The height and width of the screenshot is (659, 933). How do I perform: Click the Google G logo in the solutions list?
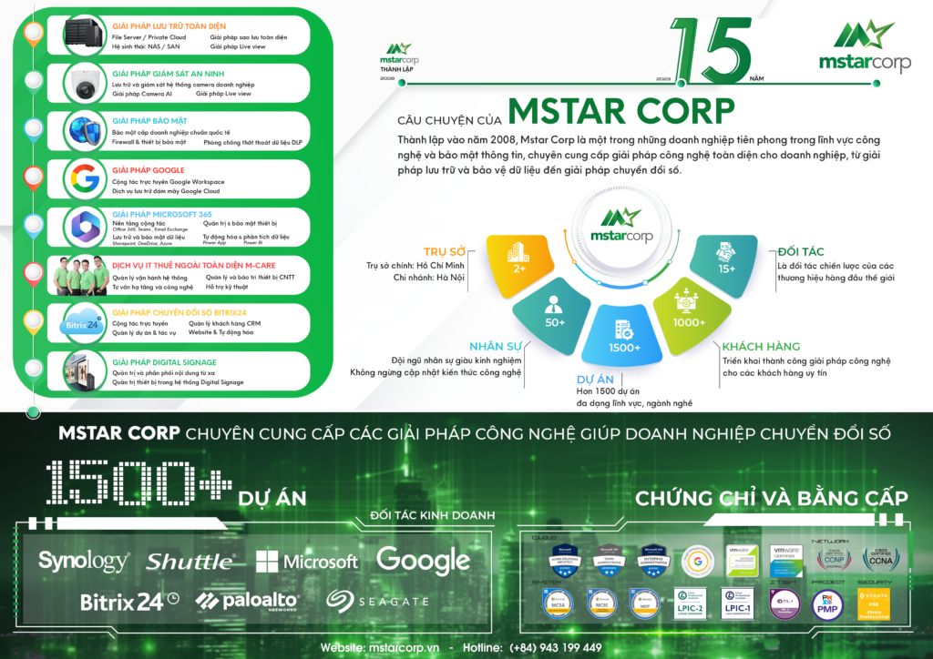tap(85, 178)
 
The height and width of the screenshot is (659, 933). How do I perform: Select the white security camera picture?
tap(86, 85)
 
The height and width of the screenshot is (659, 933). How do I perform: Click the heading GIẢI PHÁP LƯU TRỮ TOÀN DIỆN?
tap(169, 26)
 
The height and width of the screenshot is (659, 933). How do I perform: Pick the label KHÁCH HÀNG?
tap(760, 347)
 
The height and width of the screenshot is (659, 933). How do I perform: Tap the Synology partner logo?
tap(84, 560)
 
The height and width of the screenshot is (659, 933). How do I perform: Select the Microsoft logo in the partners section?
tap(307, 561)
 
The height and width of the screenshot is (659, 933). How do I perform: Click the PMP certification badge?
tap(827, 604)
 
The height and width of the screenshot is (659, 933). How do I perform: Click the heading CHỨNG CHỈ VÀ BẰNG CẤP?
tap(771, 498)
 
